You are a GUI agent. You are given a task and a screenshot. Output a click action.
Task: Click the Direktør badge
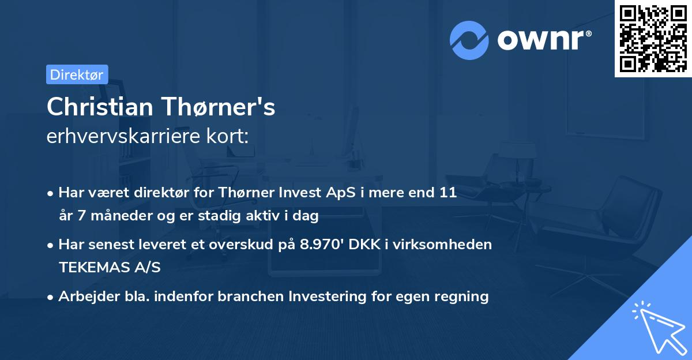tap(77, 74)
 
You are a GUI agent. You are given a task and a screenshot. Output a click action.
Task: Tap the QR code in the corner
tap(653, 39)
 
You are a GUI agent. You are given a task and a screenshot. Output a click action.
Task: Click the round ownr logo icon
tap(469, 40)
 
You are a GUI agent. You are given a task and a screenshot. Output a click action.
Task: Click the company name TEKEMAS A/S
tap(109, 267)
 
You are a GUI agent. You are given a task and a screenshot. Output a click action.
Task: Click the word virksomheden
tap(452, 244)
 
